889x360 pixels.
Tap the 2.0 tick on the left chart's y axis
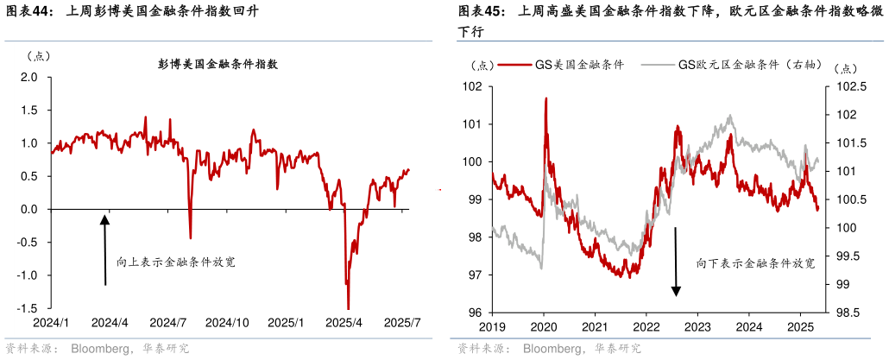pos(30,78)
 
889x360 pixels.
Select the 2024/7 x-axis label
pos(169,323)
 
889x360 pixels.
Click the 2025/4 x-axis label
pos(344,323)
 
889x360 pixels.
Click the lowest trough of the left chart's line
pos(348,307)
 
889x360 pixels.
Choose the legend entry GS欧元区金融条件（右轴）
pos(749,65)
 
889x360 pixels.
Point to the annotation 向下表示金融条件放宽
pos(755,262)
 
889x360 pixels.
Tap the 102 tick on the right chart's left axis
pos(471,86)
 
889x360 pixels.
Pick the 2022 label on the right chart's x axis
pos(646,327)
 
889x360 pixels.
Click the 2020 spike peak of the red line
pos(545,98)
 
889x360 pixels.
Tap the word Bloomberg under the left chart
pos(99,349)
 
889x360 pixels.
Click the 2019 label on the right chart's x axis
pos(492,327)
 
